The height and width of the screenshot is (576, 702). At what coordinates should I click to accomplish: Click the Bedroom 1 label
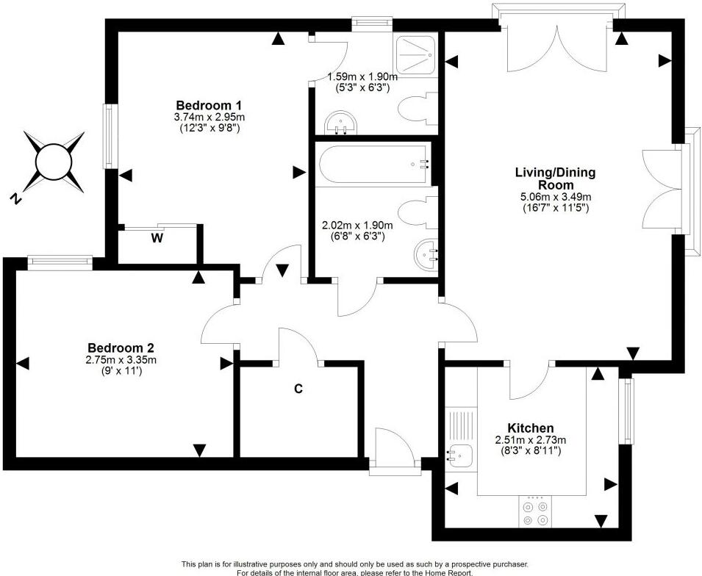(198, 104)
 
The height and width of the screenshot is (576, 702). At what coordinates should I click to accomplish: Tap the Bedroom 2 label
(121, 348)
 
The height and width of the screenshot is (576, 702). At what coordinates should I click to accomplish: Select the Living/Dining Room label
(554, 179)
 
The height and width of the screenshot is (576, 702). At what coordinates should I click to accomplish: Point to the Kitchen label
(531, 428)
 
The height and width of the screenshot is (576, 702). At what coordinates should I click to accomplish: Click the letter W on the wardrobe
(156, 238)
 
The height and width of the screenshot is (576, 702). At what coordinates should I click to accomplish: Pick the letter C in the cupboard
(298, 389)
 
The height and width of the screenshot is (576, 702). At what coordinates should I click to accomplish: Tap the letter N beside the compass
(15, 198)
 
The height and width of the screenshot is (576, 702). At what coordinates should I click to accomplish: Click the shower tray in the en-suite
(416, 53)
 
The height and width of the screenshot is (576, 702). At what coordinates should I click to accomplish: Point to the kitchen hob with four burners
(534, 512)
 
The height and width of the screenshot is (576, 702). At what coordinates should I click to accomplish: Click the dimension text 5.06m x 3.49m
(554, 196)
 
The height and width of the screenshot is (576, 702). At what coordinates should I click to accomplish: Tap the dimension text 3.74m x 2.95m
(198, 116)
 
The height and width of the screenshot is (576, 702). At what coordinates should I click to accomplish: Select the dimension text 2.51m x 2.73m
(531, 439)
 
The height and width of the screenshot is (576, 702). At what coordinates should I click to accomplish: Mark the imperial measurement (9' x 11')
(121, 371)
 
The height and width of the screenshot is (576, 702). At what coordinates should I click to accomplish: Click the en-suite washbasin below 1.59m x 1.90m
(340, 124)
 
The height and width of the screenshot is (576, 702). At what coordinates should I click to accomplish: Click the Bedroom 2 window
(60, 259)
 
